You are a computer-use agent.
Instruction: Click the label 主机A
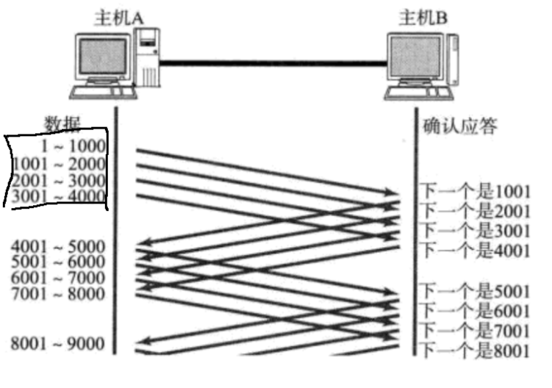[115, 17]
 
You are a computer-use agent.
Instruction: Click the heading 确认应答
[460, 126]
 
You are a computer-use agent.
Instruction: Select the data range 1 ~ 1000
[74, 147]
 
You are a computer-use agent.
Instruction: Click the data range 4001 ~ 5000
[58, 246]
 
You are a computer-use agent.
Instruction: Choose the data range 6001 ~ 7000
[58, 279]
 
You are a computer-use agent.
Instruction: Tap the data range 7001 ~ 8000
[58, 295]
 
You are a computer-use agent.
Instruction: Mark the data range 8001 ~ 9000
[58, 343]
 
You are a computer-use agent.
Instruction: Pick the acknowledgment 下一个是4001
[475, 250]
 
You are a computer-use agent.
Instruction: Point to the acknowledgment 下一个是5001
[475, 290]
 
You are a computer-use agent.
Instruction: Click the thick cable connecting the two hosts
[273, 62]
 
